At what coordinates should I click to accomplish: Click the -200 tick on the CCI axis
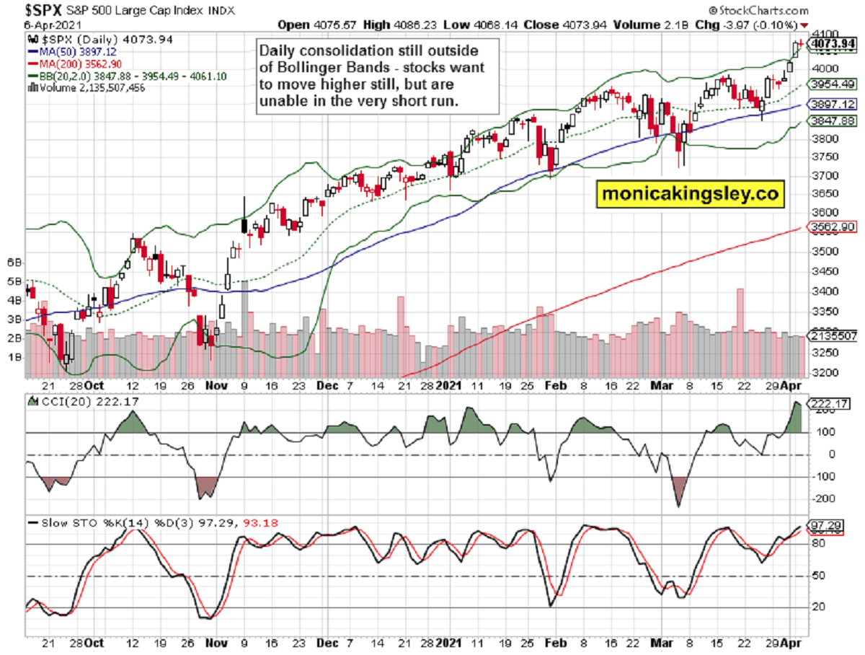825,498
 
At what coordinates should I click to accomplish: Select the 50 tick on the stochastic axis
821,576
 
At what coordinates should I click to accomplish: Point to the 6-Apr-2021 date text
40,25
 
